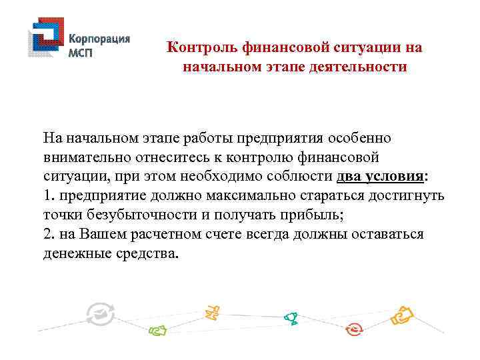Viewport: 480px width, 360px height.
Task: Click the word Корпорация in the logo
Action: tap(100, 39)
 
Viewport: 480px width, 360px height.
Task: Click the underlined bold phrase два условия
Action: tap(380, 177)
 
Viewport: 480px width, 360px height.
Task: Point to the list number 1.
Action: tap(48, 197)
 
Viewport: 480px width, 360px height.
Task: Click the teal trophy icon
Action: tap(291, 318)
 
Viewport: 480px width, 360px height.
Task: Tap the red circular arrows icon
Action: tap(354, 328)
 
